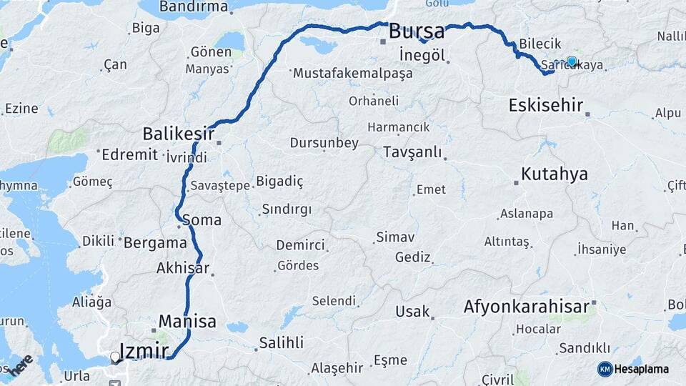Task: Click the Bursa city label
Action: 417,32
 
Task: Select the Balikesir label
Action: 179,133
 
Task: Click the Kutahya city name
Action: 555,174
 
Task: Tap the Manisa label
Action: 187,321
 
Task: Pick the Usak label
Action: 413,312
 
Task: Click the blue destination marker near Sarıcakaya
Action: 572,61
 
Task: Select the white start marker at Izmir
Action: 115,357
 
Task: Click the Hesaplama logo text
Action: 641,369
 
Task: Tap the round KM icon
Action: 605,369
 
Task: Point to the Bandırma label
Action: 194,7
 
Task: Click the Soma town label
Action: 202,219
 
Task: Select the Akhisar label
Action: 183,269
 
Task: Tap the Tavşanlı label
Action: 412,152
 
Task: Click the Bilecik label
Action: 540,44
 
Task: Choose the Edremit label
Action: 129,154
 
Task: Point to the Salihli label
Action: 282,342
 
